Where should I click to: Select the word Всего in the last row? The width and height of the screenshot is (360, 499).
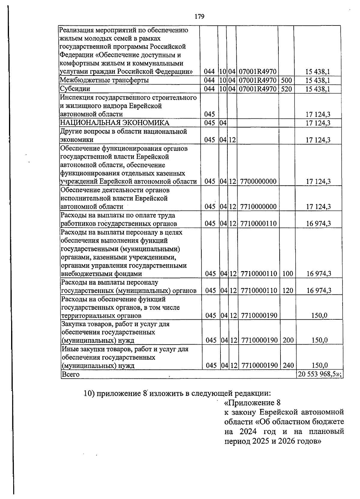pos(70,374)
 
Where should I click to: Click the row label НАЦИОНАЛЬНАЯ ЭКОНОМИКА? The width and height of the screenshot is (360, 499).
pos(115,123)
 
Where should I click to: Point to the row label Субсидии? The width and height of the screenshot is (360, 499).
pos(75,89)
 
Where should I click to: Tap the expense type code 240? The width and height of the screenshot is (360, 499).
pos(288,365)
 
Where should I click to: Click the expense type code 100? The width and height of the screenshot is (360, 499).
pos(288,273)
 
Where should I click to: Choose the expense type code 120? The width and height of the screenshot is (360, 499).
pos(288,290)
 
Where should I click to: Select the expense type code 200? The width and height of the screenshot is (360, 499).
pos(288,340)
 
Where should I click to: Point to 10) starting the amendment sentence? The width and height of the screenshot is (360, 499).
pos(89,393)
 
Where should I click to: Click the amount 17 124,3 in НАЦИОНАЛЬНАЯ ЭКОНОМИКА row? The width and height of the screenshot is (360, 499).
pos(318,123)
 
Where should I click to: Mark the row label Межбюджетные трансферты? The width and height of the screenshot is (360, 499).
pos(104,80)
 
